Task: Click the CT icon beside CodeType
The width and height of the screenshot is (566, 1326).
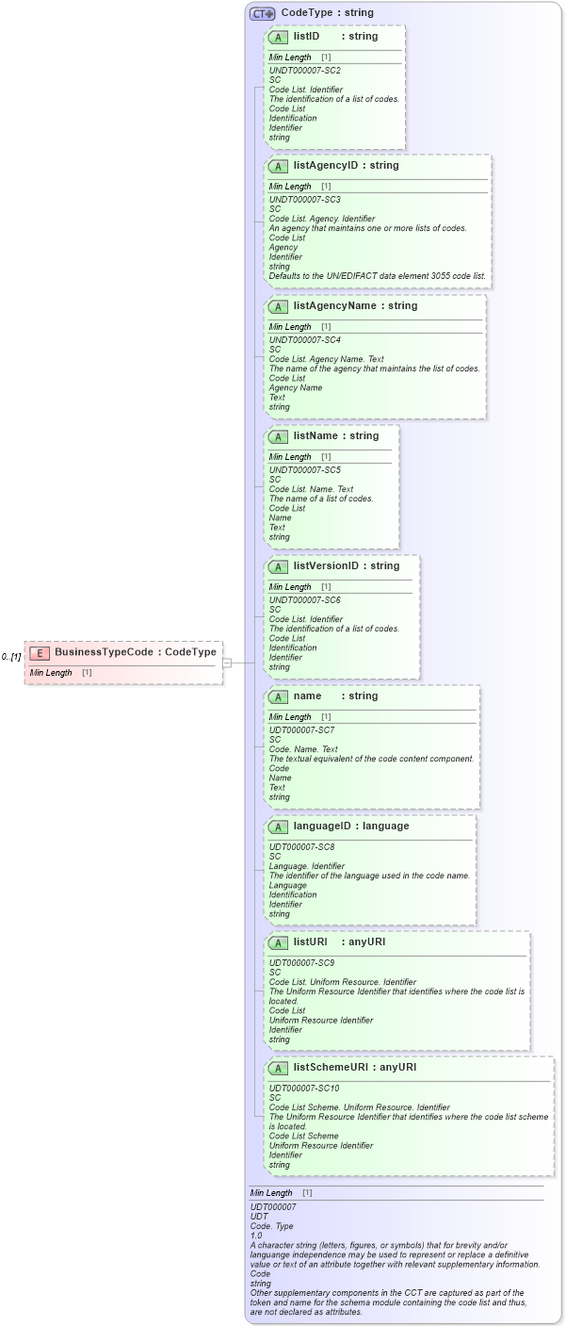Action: (x=262, y=13)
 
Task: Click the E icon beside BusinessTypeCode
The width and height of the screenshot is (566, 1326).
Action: (x=40, y=652)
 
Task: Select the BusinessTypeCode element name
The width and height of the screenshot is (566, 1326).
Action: (x=103, y=652)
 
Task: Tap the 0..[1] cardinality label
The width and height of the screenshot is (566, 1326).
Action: (x=11, y=657)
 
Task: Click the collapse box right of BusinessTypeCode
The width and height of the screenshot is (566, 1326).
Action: (x=227, y=663)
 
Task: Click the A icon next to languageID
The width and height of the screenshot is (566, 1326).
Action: (x=278, y=827)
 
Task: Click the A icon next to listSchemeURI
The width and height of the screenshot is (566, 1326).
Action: (x=278, y=1068)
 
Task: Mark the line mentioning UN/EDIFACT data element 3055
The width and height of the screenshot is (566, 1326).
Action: (x=378, y=276)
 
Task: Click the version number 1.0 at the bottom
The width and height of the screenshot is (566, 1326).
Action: (x=256, y=1236)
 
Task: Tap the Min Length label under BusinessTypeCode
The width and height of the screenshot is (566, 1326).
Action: (x=51, y=673)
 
